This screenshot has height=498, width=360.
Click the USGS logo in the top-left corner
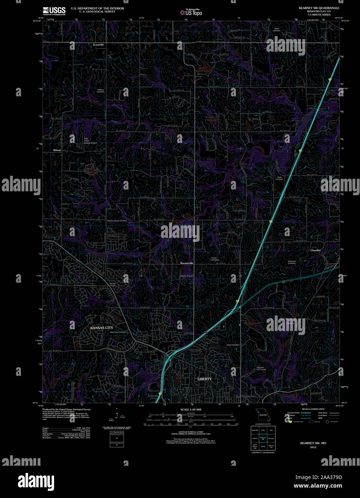tap(54, 11)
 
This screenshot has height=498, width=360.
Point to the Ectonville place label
tap(98, 45)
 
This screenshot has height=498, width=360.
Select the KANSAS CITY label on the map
tap(102, 328)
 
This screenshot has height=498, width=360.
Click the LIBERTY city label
tap(205, 379)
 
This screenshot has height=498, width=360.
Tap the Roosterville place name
tap(187, 263)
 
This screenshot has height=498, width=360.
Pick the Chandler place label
tap(316, 250)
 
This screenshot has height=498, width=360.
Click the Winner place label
tap(57, 150)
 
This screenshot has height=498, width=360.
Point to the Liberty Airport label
tap(186, 276)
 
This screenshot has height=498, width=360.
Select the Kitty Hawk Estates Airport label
tap(91, 140)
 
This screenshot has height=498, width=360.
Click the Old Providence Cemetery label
tap(117, 221)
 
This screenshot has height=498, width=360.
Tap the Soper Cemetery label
tap(277, 29)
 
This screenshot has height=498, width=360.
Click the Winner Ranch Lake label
tap(203, 69)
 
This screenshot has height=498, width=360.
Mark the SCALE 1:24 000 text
tap(191, 410)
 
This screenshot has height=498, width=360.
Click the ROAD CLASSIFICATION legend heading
tap(313, 409)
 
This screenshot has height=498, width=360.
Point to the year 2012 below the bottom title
tap(313, 447)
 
